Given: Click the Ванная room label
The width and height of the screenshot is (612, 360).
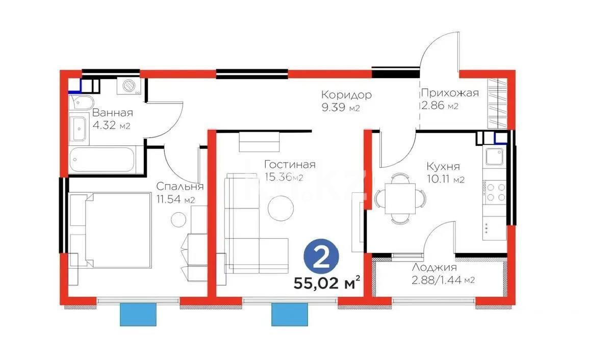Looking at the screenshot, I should click(113, 113).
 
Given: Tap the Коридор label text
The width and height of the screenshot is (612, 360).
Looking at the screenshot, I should click(346, 94).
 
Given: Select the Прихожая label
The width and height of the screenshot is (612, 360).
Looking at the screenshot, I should click(449, 93).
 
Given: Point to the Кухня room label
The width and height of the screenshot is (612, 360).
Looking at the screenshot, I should click(443, 166).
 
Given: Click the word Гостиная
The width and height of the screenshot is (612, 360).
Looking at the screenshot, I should click(290, 165).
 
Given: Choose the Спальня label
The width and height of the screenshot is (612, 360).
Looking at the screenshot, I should click(180, 186).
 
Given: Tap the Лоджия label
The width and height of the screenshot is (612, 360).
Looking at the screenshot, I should click(435, 267).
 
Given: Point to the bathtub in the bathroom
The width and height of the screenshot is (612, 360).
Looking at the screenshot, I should click(103, 160).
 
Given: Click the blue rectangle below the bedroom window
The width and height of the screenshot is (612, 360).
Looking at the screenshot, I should click(137, 314).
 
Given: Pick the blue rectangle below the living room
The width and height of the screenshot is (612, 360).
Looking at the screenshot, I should click(290, 314).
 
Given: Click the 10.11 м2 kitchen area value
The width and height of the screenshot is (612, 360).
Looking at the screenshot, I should click(445, 179).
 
